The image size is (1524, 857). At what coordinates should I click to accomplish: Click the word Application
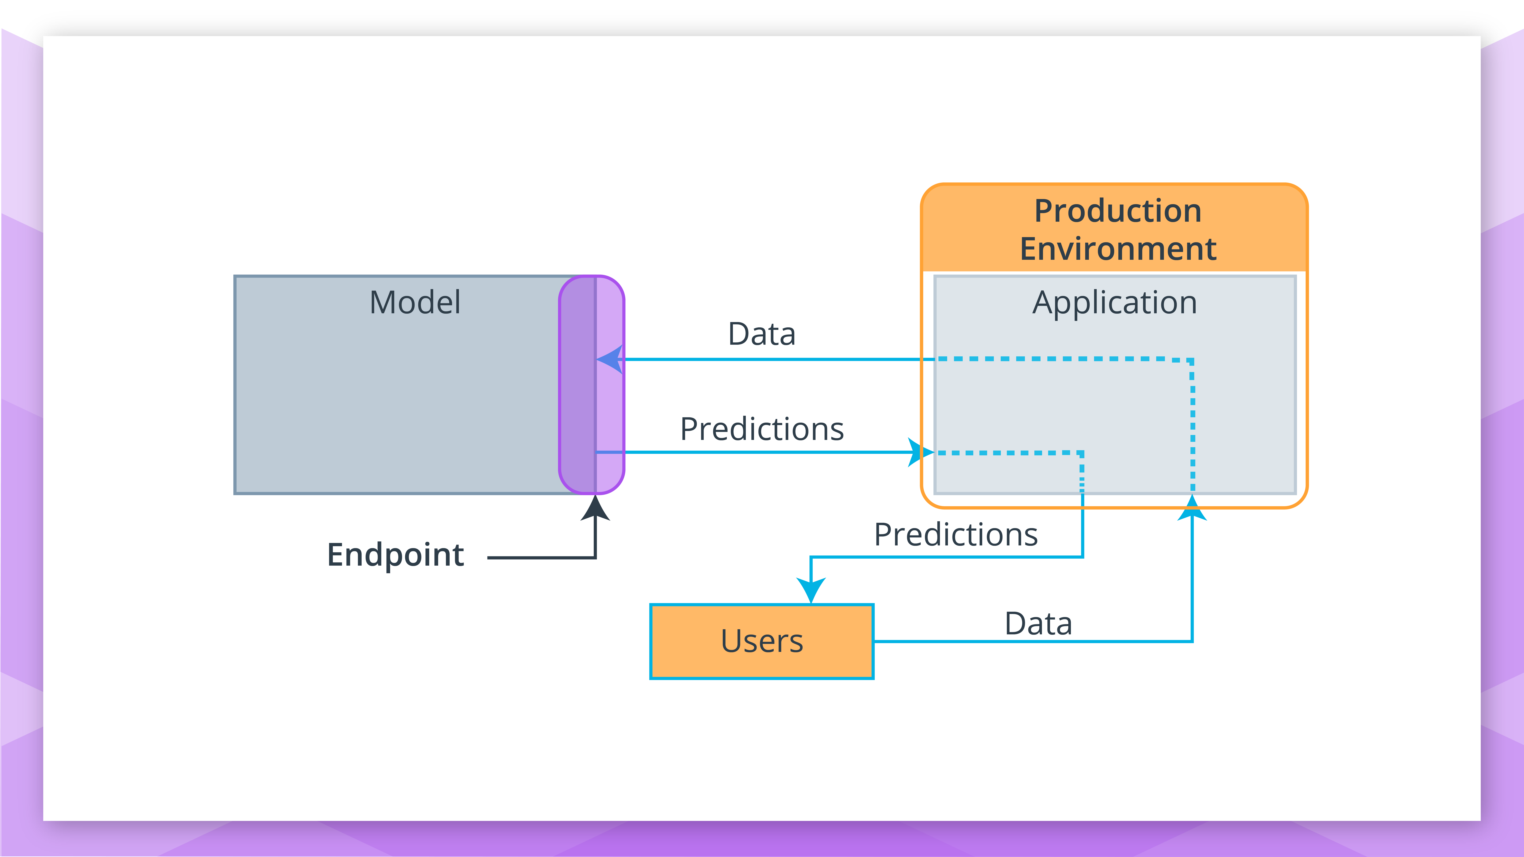pos(1115,303)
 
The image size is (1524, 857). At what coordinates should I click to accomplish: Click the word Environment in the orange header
pos(1117,248)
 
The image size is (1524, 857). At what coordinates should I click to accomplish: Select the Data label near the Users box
pos(1038,623)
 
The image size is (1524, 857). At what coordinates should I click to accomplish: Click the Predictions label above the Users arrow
pos(956,535)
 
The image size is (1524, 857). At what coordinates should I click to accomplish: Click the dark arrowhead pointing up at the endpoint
pos(595,509)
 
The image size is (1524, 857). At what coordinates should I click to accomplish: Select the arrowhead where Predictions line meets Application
pos(919,452)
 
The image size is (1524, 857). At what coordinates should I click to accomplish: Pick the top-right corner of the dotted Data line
pos(1192,360)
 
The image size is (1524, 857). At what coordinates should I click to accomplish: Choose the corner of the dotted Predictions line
pos(1082,453)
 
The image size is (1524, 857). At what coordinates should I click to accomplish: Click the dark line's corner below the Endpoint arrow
pos(595,557)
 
